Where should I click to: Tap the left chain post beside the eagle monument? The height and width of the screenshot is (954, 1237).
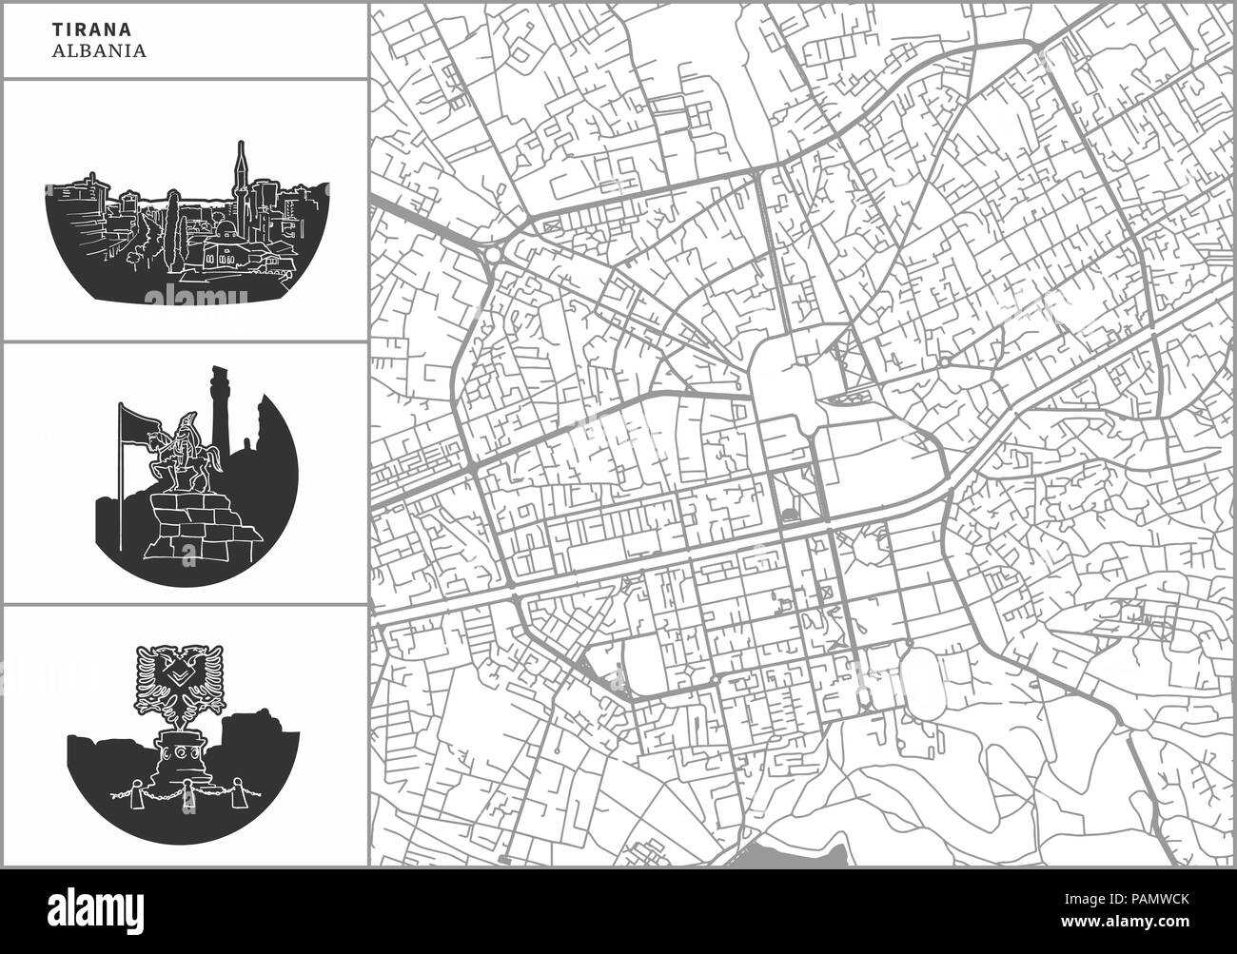[131, 790]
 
